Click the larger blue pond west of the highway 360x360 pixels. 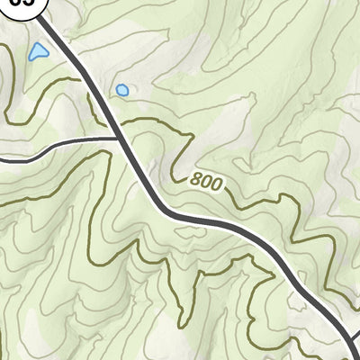pos(38,52)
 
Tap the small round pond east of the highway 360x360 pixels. pos(121,90)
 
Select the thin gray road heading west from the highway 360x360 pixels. pos(63,145)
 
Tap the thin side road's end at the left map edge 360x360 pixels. pos(2,158)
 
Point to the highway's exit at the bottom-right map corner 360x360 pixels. pos(354,355)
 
